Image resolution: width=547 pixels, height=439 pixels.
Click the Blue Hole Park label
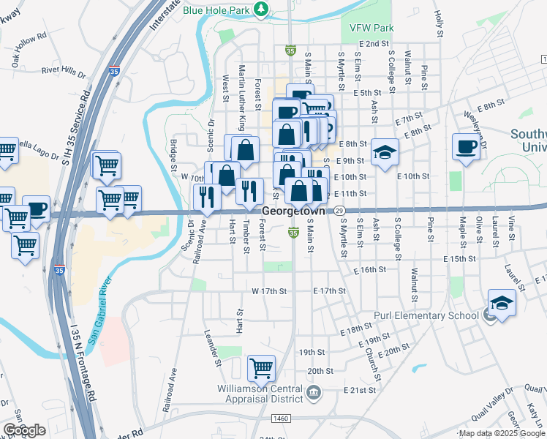[x=218, y=10]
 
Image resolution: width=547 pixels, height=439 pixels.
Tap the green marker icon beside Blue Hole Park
[x=261, y=10]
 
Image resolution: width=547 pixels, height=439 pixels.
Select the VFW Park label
[x=371, y=27]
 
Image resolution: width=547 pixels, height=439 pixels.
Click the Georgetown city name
[x=293, y=210]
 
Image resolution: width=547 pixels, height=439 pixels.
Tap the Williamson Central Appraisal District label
[x=260, y=394]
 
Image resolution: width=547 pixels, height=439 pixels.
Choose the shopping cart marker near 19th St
[x=261, y=369]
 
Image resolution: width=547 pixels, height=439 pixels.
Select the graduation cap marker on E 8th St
[x=385, y=152]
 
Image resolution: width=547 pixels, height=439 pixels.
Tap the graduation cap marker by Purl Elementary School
[x=502, y=302]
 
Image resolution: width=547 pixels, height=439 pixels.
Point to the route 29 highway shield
[x=339, y=210]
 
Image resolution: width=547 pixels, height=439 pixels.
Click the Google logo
[x=24, y=430]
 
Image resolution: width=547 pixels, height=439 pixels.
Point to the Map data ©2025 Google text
[x=501, y=434]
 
